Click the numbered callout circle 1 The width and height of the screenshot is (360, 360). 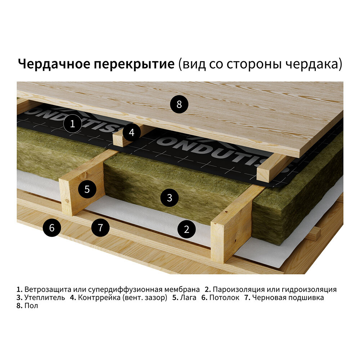[x=72, y=124]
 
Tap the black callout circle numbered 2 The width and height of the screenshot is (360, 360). [x=186, y=229]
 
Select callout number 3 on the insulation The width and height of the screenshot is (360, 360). [x=169, y=197]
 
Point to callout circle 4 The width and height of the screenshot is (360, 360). [x=132, y=132]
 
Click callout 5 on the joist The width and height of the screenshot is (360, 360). [x=87, y=189]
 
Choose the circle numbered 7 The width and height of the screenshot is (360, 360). [x=100, y=228]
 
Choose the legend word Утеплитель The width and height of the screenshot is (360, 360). [x=45, y=298]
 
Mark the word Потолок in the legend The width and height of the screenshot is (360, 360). [x=224, y=298]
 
